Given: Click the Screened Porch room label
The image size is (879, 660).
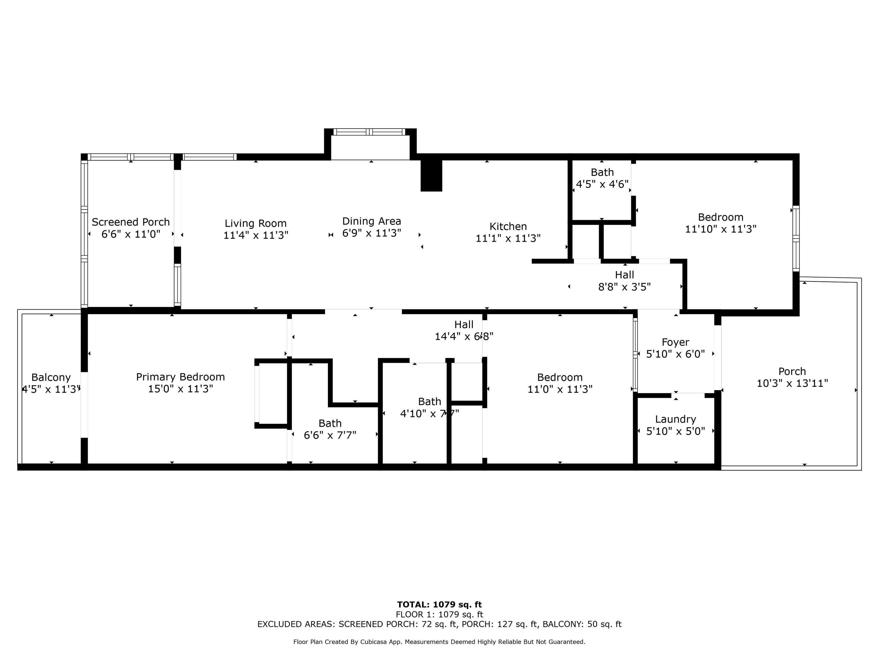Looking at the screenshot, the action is pyautogui.click(x=131, y=222).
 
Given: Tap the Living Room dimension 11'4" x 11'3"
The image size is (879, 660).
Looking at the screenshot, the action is pyautogui.click(x=256, y=235).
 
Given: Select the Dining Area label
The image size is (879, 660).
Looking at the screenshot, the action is pyautogui.click(x=372, y=221).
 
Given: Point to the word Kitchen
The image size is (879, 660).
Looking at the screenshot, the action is pyautogui.click(x=508, y=226).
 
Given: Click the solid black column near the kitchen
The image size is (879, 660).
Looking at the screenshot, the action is pyautogui.click(x=431, y=175).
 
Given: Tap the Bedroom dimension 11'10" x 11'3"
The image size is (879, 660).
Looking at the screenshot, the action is pyautogui.click(x=720, y=229).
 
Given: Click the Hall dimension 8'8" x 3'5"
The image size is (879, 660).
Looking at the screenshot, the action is pyautogui.click(x=624, y=287).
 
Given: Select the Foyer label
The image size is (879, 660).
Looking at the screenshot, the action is pyautogui.click(x=676, y=342).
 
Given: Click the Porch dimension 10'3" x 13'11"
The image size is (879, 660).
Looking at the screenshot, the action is pyautogui.click(x=792, y=383).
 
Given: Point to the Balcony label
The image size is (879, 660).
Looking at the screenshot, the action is pyautogui.click(x=51, y=377).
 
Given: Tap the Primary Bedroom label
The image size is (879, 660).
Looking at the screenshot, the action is pyautogui.click(x=181, y=377).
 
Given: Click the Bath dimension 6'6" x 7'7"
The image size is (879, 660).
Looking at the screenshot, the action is pyautogui.click(x=330, y=435).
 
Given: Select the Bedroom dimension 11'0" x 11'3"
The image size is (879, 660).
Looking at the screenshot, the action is pyautogui.click(x=560, y=389).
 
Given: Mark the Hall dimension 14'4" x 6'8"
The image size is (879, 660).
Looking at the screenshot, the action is pyautogui.click(x=464, y=337).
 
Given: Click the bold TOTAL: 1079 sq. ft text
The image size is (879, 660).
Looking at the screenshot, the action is pyautogui.click(x=439, y=605).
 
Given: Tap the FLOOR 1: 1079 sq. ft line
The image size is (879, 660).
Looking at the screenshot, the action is pyautogui.click(x=439, y=615).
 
